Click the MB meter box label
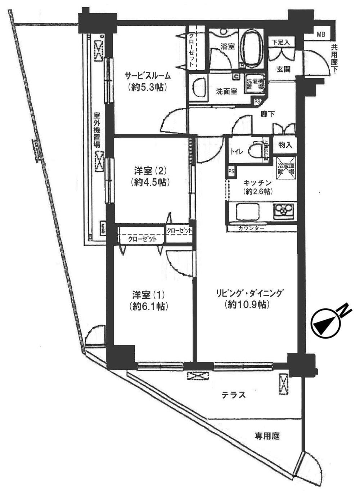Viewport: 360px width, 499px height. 321,35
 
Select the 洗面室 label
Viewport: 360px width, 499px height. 227,92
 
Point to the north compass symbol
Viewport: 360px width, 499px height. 325,323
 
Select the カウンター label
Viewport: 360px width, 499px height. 251,228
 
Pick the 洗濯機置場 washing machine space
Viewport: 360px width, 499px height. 255,85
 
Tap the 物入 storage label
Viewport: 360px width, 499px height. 285,145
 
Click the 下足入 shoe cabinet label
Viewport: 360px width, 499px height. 281,42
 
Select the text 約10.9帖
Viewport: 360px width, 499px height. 247,305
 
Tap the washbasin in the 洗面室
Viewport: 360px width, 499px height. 198,88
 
